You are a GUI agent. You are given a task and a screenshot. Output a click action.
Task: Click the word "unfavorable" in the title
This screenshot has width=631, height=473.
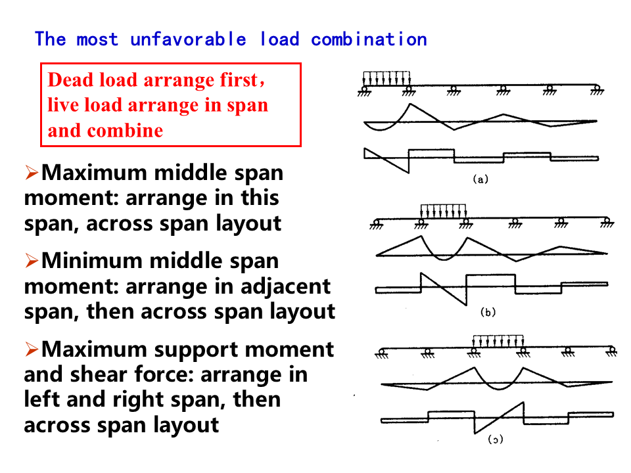(188, 39)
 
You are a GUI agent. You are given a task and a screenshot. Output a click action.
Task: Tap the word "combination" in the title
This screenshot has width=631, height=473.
(369, 39)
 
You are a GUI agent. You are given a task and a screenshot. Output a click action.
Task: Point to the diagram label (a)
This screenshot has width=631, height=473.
(480, 179)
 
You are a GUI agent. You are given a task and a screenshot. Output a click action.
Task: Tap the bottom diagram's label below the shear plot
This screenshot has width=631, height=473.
(495, 439)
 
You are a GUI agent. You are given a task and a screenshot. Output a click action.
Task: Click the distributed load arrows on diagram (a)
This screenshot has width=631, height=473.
(386, 78)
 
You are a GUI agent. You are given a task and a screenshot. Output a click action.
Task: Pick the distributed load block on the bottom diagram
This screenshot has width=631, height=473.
(498, 341)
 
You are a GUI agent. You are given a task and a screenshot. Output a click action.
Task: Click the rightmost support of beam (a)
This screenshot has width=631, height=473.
(596, 90)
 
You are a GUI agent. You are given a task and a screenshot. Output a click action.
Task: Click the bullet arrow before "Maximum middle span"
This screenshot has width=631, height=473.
(32, 173)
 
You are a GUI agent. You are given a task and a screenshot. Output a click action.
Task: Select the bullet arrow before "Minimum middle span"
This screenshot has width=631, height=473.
(32, 261)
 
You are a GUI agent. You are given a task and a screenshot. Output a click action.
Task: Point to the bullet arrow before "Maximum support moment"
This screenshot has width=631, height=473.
(32, 350)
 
